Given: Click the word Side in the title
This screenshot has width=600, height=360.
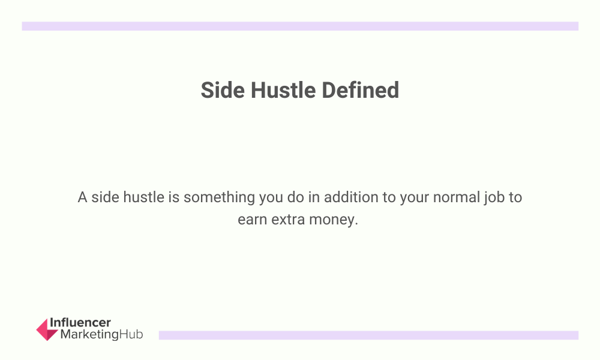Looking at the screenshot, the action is pyautogui.click(x=223, y=90).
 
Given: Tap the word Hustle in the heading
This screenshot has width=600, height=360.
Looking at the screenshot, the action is pyautogui.click(x=283, y=90).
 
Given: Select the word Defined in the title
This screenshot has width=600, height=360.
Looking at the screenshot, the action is pyautogui.click(x=361, y=90).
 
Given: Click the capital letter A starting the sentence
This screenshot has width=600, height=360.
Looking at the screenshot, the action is pyautogui.click(x=82, y=198).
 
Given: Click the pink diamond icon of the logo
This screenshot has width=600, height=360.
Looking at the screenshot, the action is pyautogui.click(x=47, y=329).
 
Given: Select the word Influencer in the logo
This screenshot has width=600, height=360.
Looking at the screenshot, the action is pyautogui.click(x=80, y=323).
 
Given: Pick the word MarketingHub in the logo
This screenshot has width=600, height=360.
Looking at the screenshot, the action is pyautogui.click(x=102, y=334).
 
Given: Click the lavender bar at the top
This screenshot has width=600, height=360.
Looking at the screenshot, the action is pyautogui.click(x=300, y=26).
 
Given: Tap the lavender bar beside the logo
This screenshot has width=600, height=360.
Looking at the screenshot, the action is pyautogui.click(x=368, y=335).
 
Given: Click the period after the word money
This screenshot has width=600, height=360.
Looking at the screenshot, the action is pyautogui.click(x=356, y=224).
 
